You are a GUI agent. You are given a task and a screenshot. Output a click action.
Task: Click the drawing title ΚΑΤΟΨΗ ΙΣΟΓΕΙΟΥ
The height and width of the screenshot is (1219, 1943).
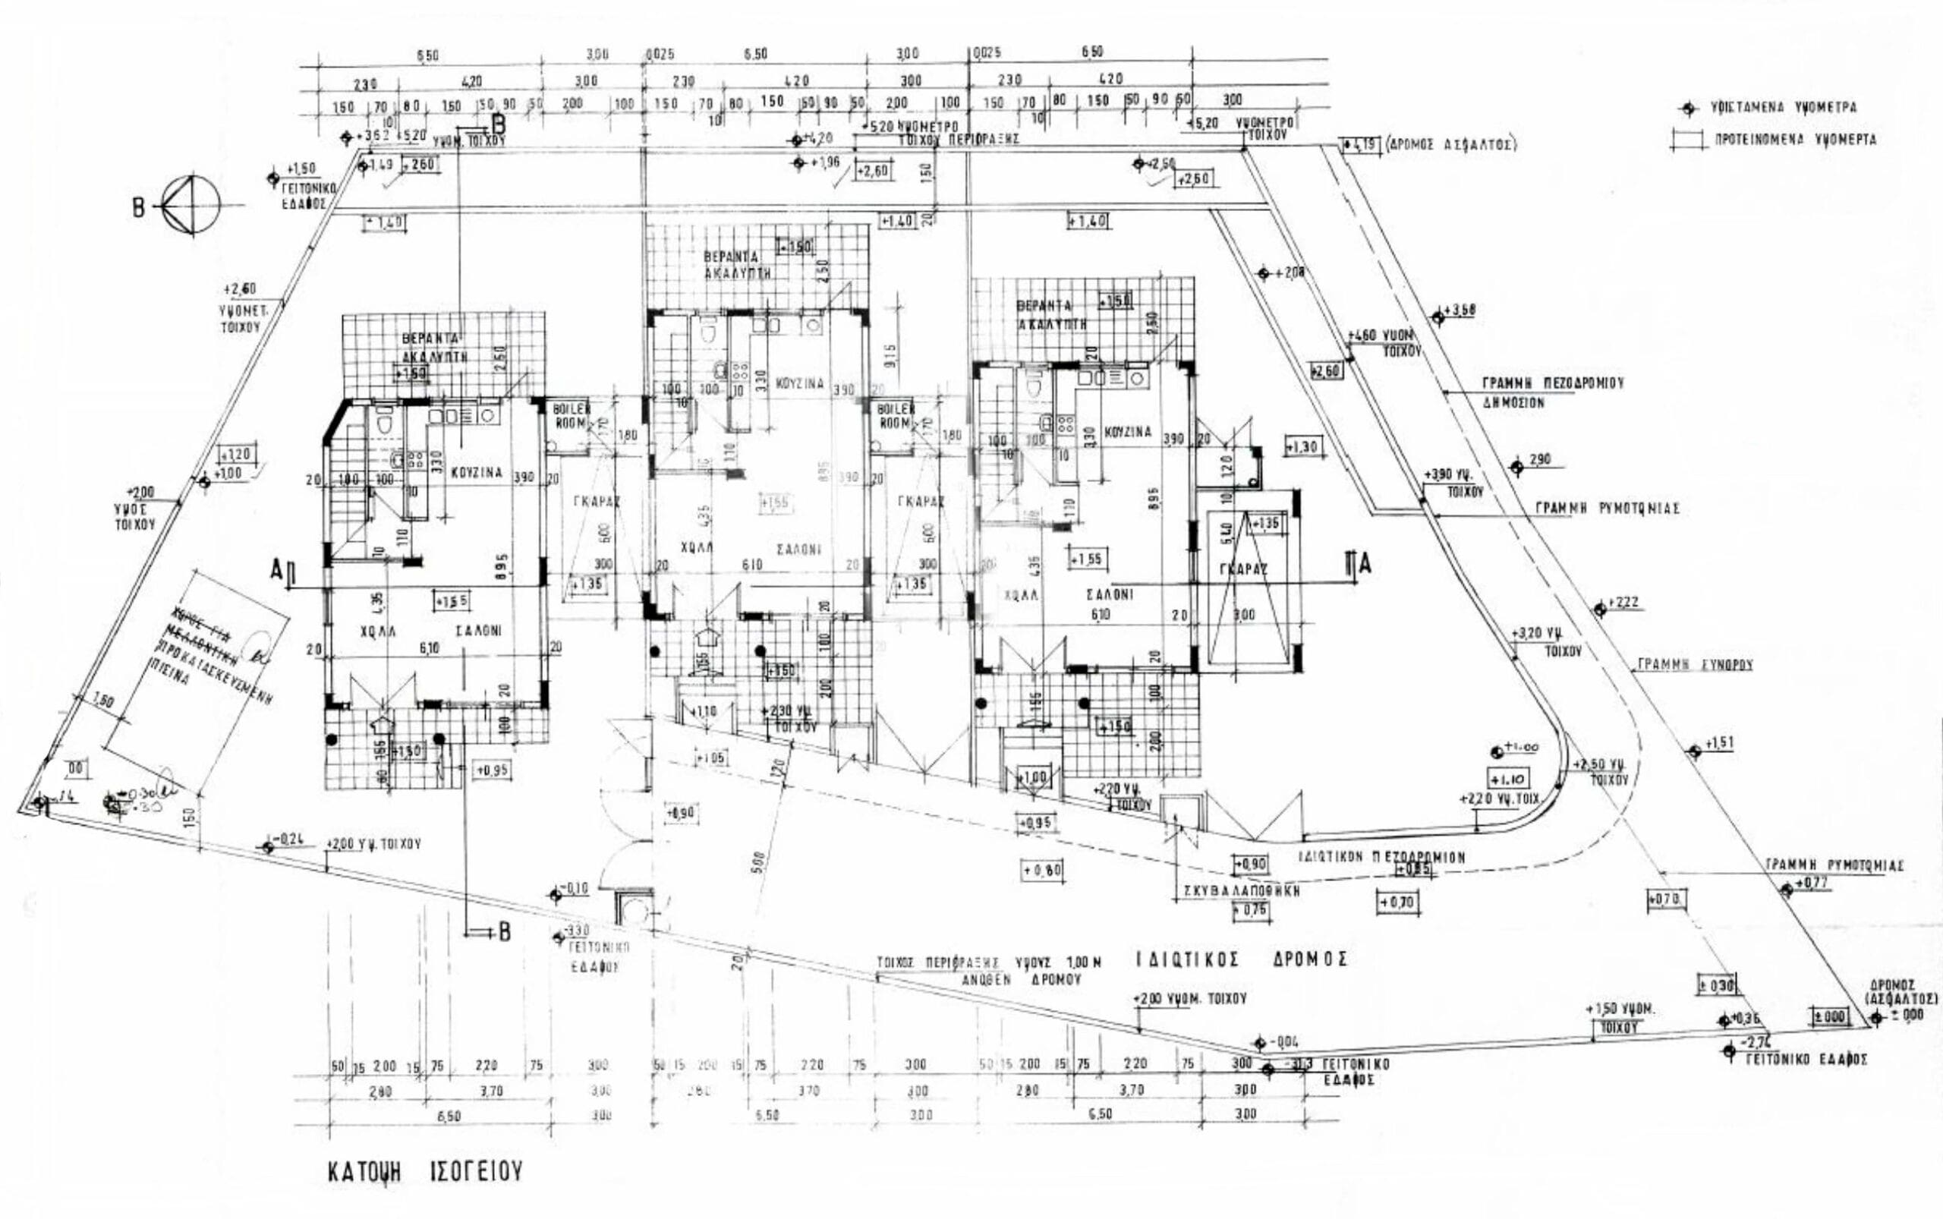(x=425, y=1170)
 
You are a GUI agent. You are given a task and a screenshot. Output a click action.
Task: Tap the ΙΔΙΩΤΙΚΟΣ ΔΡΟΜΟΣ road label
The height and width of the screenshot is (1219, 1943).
(x=1242, y=959)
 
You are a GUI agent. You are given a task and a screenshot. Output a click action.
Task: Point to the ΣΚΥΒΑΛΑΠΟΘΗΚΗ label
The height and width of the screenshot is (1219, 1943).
(x=1236, y=892)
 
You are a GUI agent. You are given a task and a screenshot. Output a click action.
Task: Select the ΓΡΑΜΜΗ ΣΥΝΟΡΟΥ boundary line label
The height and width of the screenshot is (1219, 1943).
(x=1694, y=665)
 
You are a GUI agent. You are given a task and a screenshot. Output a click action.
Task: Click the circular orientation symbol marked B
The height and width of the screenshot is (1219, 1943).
(x=191, y=206)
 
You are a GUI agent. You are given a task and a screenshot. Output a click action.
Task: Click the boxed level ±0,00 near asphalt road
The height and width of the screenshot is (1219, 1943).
(x=1829, y=1016)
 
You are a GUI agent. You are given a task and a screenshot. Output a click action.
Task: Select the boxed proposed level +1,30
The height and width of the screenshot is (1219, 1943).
(x=1303, y=446)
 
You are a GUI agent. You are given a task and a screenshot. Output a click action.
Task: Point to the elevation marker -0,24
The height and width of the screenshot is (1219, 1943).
(x=269, y=846)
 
